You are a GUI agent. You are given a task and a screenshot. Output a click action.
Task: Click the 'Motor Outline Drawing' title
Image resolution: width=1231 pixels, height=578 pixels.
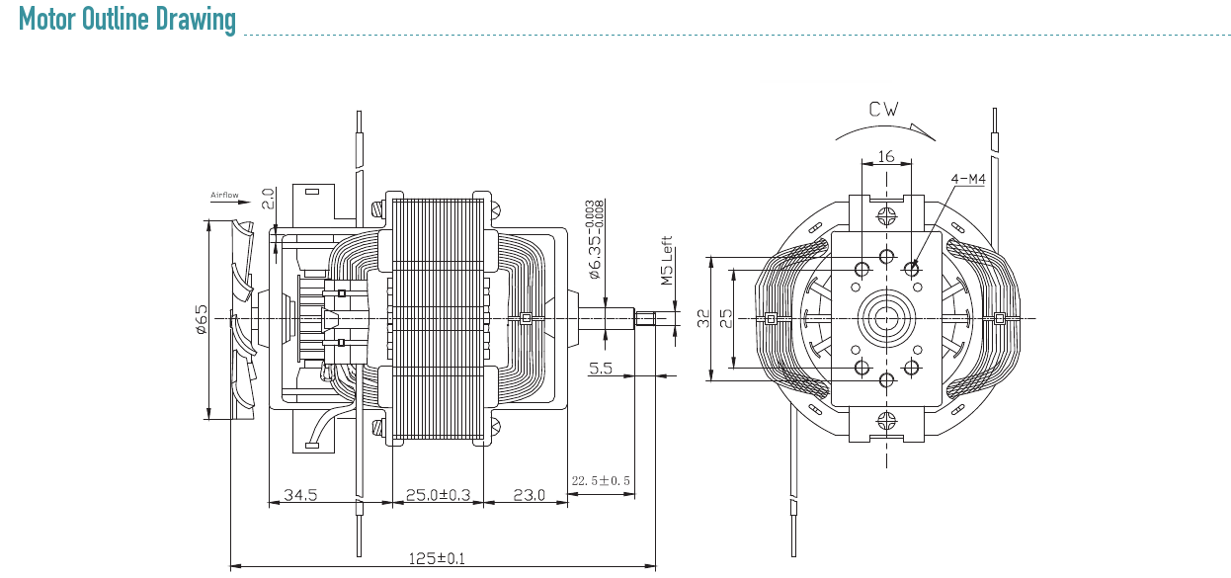tap(126, 20)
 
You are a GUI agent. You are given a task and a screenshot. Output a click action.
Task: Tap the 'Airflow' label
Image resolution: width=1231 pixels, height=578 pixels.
tap(224, 195)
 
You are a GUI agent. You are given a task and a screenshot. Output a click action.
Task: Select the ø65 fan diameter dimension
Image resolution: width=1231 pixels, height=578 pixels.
tap(202, 319)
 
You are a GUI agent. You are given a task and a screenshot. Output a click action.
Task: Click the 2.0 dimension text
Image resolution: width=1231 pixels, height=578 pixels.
tap(267, 199)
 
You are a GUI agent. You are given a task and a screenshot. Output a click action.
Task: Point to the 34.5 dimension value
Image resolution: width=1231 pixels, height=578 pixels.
tap(300, 495)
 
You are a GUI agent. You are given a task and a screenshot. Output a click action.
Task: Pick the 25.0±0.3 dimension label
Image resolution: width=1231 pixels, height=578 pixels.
tap(438, 495)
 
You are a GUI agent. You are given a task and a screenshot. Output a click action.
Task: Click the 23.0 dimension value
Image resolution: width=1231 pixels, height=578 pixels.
tap(529, 495)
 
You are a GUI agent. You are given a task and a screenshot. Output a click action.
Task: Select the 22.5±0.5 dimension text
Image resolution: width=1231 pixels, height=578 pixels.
tap(601, 481)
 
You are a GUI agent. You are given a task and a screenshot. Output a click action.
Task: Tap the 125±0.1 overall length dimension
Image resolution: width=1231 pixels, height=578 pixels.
tap(437, 559)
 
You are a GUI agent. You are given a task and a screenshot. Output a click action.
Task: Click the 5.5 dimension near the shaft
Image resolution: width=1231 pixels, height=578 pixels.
tap(600, 368)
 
